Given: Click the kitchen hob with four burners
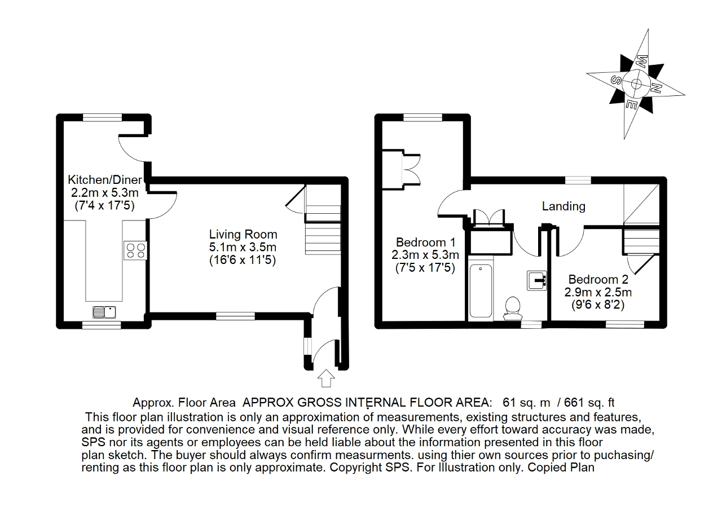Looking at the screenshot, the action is click(135, 250).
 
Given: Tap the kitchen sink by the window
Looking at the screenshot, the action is click(104, 312).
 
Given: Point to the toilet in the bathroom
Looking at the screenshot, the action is click(513, 309).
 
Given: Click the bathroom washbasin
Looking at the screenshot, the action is click(536, 280).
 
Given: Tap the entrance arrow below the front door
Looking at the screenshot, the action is click(326, 378).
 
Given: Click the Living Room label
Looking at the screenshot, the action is click(243, 234).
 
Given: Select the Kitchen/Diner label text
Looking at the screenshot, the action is click(105, 179).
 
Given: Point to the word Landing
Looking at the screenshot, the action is click(563, 206).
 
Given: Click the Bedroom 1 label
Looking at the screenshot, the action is click(425, 242).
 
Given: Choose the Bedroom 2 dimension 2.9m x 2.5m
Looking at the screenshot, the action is click(598, 292).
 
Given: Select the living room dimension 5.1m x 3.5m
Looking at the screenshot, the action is click(243, 247).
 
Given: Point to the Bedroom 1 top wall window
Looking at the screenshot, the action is click(422, 118).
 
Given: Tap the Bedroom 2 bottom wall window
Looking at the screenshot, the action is click(625, 324).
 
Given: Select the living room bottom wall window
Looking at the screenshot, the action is click(235, 316).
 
